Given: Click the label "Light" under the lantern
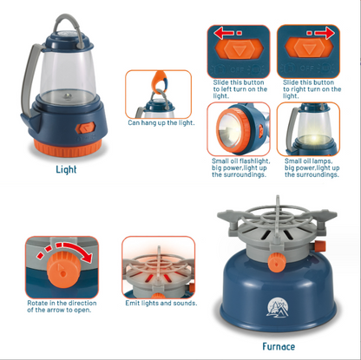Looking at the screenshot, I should pyautogui.click(x=66, y=169).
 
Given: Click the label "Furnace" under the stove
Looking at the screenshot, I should pyautogui.click(x=278, y=346).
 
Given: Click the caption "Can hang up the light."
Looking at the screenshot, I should pyautogui.click(x=161, y=122).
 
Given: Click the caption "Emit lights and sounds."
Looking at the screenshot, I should pyautogui.click(x=161, y=303).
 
